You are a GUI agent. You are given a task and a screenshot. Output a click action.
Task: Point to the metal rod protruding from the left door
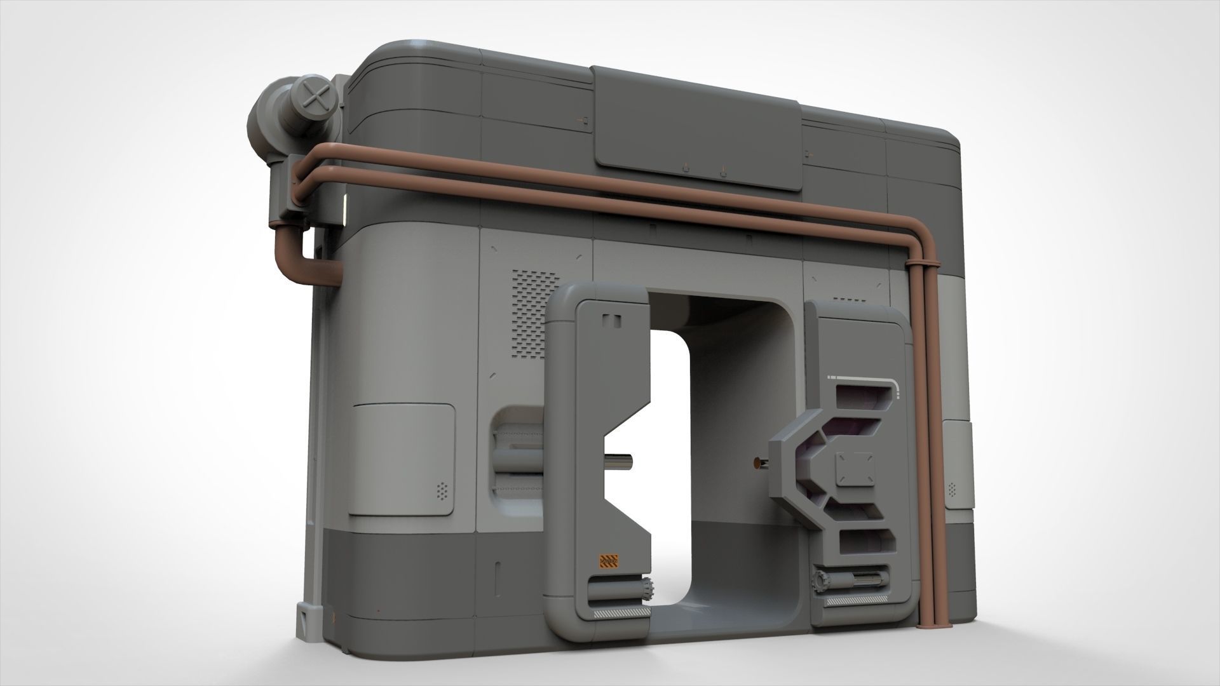click(x=620, y=460)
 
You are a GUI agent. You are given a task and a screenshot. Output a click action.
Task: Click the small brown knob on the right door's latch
click(x=758, y=464)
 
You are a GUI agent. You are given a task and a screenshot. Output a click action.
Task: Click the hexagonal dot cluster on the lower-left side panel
click(x=442, y=489)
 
